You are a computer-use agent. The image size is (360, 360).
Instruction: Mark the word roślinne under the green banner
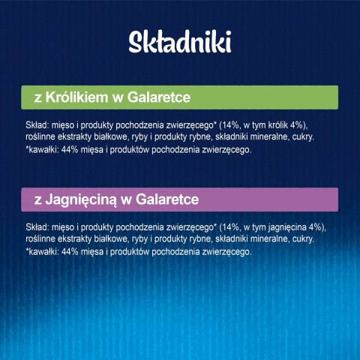40,137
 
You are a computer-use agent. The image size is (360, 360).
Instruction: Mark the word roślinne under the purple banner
40,238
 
